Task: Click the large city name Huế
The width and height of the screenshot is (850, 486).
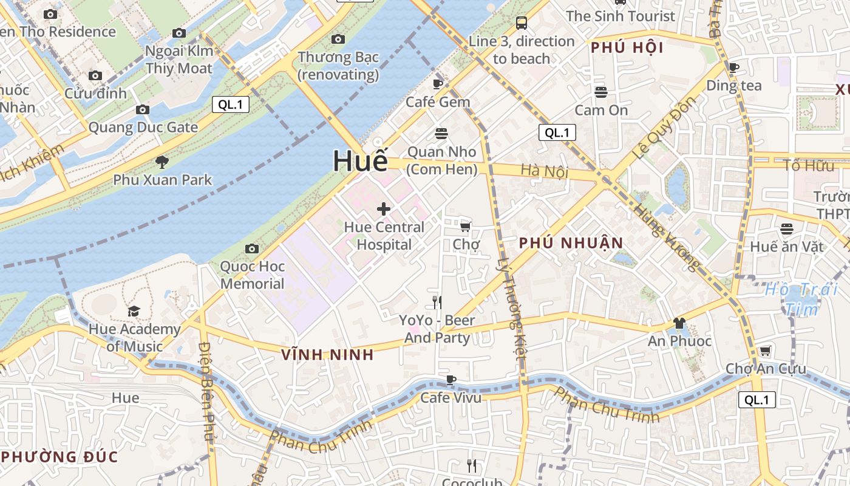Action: pyautogui.click(x=360, y=160)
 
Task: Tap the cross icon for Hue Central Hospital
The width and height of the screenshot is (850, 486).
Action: pyautogui.click(x=384, y=210)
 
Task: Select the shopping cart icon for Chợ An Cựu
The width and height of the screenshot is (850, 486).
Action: pyautogui.click(x=765, y=351)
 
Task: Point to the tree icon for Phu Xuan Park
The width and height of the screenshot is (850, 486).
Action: pyautogui.click(x=161, y=162)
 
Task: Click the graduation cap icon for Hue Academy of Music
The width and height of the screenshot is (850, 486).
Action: pyautogui.click(x=134, y=312)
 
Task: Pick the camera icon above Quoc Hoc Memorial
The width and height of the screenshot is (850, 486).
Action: pyautogui.click(x=252, y=248)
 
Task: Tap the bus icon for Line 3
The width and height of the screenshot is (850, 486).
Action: pyautogui.click(x=521, y=23)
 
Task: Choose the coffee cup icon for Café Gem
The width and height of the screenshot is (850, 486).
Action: pyautogui.click(x=438, y=84)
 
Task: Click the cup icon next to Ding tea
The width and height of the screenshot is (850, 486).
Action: pyautogui.click(x=733, y=68)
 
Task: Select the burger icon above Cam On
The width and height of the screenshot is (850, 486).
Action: pyautogui.click(x=601, y=92)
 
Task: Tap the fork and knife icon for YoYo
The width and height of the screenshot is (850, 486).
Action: pyautogui.click(x=437, y=302)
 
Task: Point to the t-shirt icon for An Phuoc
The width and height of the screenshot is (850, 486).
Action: pyautogui.click(x=679, y=323)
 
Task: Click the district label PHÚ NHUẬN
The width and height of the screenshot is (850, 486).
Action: pyautogui.click(x=571, y=244)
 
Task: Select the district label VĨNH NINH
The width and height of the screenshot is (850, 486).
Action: pyautogui.click(x=328, y=355)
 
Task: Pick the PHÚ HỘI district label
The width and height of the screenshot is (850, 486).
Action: pyautogui.click(x=627, y=48)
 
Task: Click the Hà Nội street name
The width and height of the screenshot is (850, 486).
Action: pyautogui.click(x=544, y=171)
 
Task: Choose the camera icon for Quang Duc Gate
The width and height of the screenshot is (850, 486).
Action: pyautogui.click(x=143, y=110)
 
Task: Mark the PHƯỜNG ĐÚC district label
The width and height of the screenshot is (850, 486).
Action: pyautogui.click(x=59, y=457)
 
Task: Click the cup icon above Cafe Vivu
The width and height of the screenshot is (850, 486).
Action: pyautogui.click(x=450, y=380)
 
